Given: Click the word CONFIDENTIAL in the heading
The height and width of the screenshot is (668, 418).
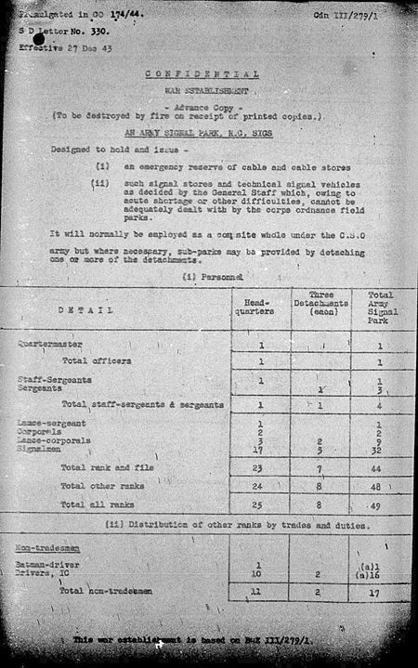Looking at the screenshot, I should point(202,73).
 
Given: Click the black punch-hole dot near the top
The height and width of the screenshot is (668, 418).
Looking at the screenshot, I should point(38,40).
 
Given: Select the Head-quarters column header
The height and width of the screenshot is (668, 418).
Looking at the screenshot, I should point(260,305).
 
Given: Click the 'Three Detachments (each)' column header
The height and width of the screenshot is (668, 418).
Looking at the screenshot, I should point(321,304).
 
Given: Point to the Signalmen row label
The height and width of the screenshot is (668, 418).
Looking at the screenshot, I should point(38,449).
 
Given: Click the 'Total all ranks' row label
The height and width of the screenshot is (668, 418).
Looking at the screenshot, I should point(97,504).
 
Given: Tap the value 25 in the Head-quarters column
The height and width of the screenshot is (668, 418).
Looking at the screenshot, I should point(260,504).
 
